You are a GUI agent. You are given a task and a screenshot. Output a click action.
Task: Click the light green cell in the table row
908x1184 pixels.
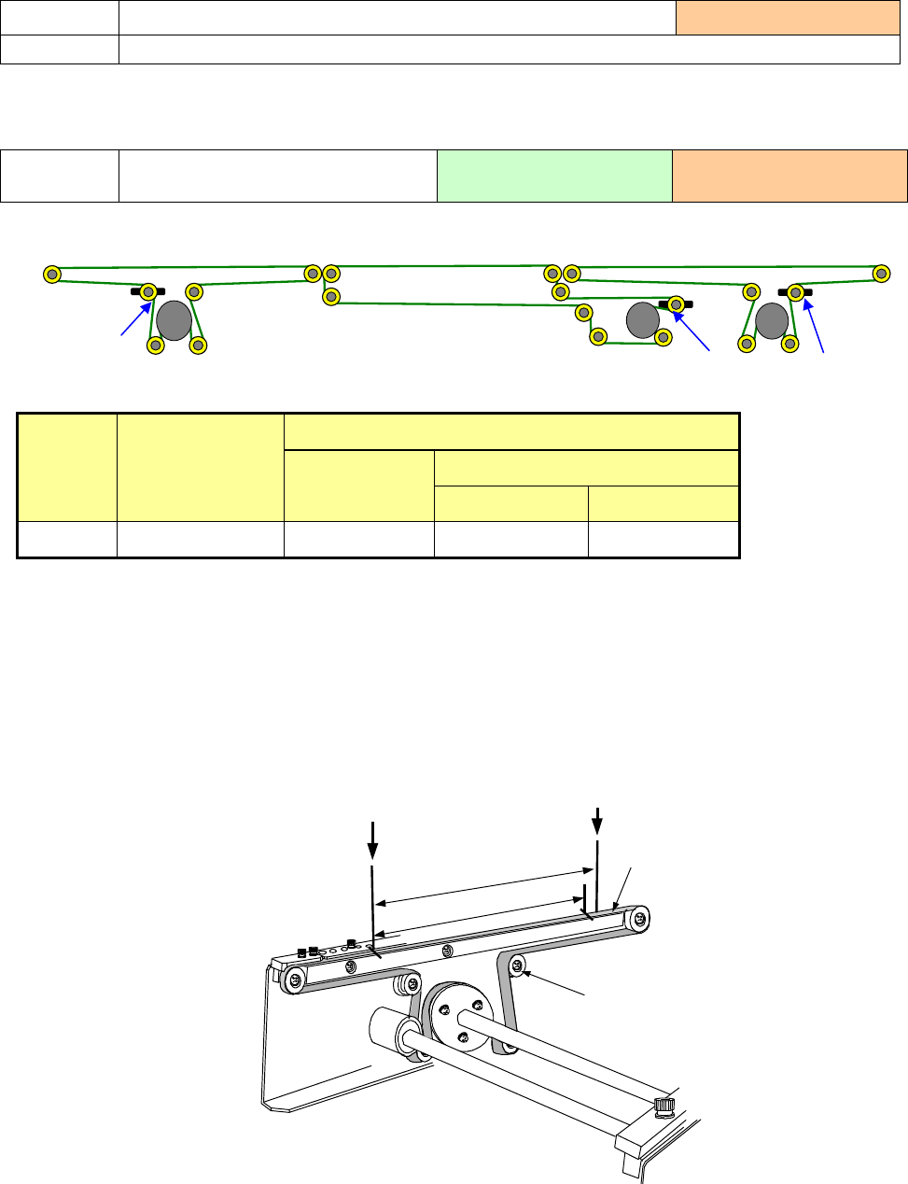554,176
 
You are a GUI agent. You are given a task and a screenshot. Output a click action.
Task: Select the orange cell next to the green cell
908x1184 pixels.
789,176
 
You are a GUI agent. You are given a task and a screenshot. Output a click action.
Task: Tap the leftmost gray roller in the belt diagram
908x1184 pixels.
175,320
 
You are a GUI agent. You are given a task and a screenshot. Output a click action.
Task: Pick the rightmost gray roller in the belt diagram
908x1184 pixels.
772,320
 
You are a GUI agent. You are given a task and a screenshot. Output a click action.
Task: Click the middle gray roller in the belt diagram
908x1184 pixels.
643,320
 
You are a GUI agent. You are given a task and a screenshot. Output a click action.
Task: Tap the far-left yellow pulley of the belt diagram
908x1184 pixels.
53,275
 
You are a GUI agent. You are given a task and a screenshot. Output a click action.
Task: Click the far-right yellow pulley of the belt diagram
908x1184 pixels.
881,274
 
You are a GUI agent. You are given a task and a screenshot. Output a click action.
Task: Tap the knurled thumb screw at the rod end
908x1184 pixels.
665,1106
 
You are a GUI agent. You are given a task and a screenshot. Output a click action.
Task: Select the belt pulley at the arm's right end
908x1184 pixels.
637,921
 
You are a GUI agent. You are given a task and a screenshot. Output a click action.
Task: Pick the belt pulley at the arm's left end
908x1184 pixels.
295,980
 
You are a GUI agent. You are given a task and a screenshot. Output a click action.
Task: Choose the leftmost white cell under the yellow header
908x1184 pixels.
67,539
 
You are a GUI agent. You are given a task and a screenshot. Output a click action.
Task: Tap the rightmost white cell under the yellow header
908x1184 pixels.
664,539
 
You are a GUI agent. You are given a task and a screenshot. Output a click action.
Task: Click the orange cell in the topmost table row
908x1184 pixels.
788,18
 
